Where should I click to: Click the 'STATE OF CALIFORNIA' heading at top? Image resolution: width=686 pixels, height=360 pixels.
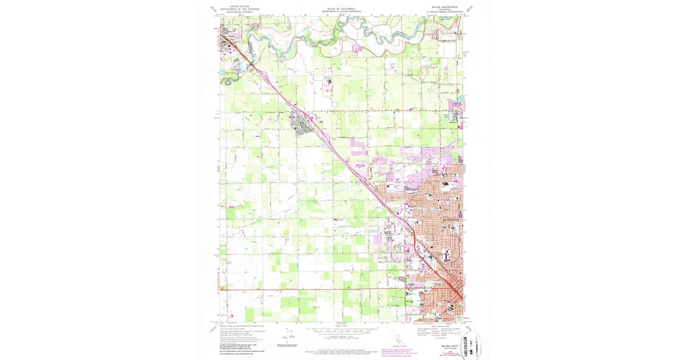[x=341, y=9]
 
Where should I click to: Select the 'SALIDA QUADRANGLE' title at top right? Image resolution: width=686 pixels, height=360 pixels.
[x=438, y=6]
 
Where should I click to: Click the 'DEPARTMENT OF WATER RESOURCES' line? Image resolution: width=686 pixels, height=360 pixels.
[x=341, y=12]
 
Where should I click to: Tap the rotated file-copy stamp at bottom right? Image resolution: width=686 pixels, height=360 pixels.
[x=467, y=344]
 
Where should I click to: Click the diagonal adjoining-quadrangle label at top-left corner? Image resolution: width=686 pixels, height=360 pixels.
[x=214, y=9]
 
